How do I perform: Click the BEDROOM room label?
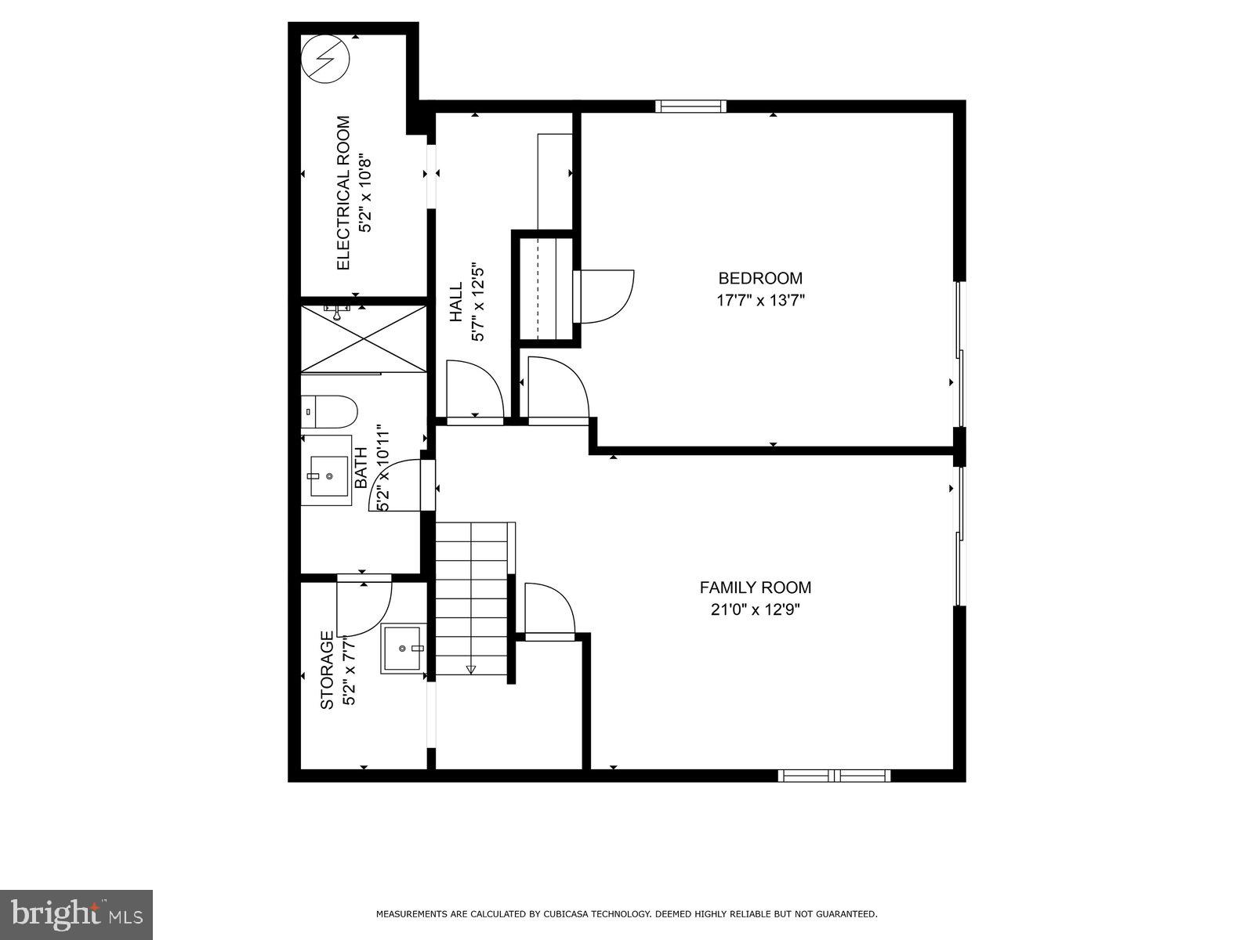[760, 278]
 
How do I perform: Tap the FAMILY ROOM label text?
[755, 587]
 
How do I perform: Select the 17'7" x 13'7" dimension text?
[760, 299]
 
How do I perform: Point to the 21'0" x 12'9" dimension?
[755, 609]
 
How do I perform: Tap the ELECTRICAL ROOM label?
[342, 193]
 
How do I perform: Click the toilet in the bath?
[329, 411]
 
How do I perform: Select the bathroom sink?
[326, 476]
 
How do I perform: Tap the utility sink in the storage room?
[404, 649]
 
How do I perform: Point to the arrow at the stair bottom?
[471, 669]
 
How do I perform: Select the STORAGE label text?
[328, 671]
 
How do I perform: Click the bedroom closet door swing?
[603, 296]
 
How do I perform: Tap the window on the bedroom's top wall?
[690, 107]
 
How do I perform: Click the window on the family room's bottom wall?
[834, 775]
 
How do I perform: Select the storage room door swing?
[364, 607]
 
